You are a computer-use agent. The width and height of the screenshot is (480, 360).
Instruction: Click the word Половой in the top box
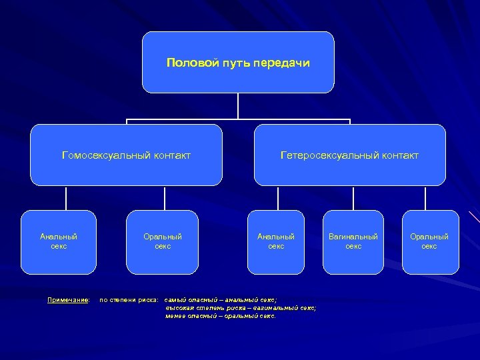[187, 63]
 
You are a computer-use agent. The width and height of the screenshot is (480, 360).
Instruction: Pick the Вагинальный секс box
[353, 241]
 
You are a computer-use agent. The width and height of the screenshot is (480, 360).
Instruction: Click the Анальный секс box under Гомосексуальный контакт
[59, 241]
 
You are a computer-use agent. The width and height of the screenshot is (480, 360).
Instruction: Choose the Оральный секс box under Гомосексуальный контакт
[163, 241]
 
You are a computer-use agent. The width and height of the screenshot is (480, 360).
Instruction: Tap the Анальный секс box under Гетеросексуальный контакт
[276, 241]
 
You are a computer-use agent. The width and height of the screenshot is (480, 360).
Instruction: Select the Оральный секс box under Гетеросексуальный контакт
[429, 241]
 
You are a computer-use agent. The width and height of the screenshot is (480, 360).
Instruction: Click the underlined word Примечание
[68, 300]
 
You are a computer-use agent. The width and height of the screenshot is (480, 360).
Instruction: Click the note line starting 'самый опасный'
[220, 300]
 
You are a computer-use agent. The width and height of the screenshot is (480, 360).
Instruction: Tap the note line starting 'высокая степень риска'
[240, 308]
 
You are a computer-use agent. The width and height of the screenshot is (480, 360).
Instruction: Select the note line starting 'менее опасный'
[220, 316]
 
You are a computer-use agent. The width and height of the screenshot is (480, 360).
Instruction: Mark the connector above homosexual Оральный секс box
[164, 197]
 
